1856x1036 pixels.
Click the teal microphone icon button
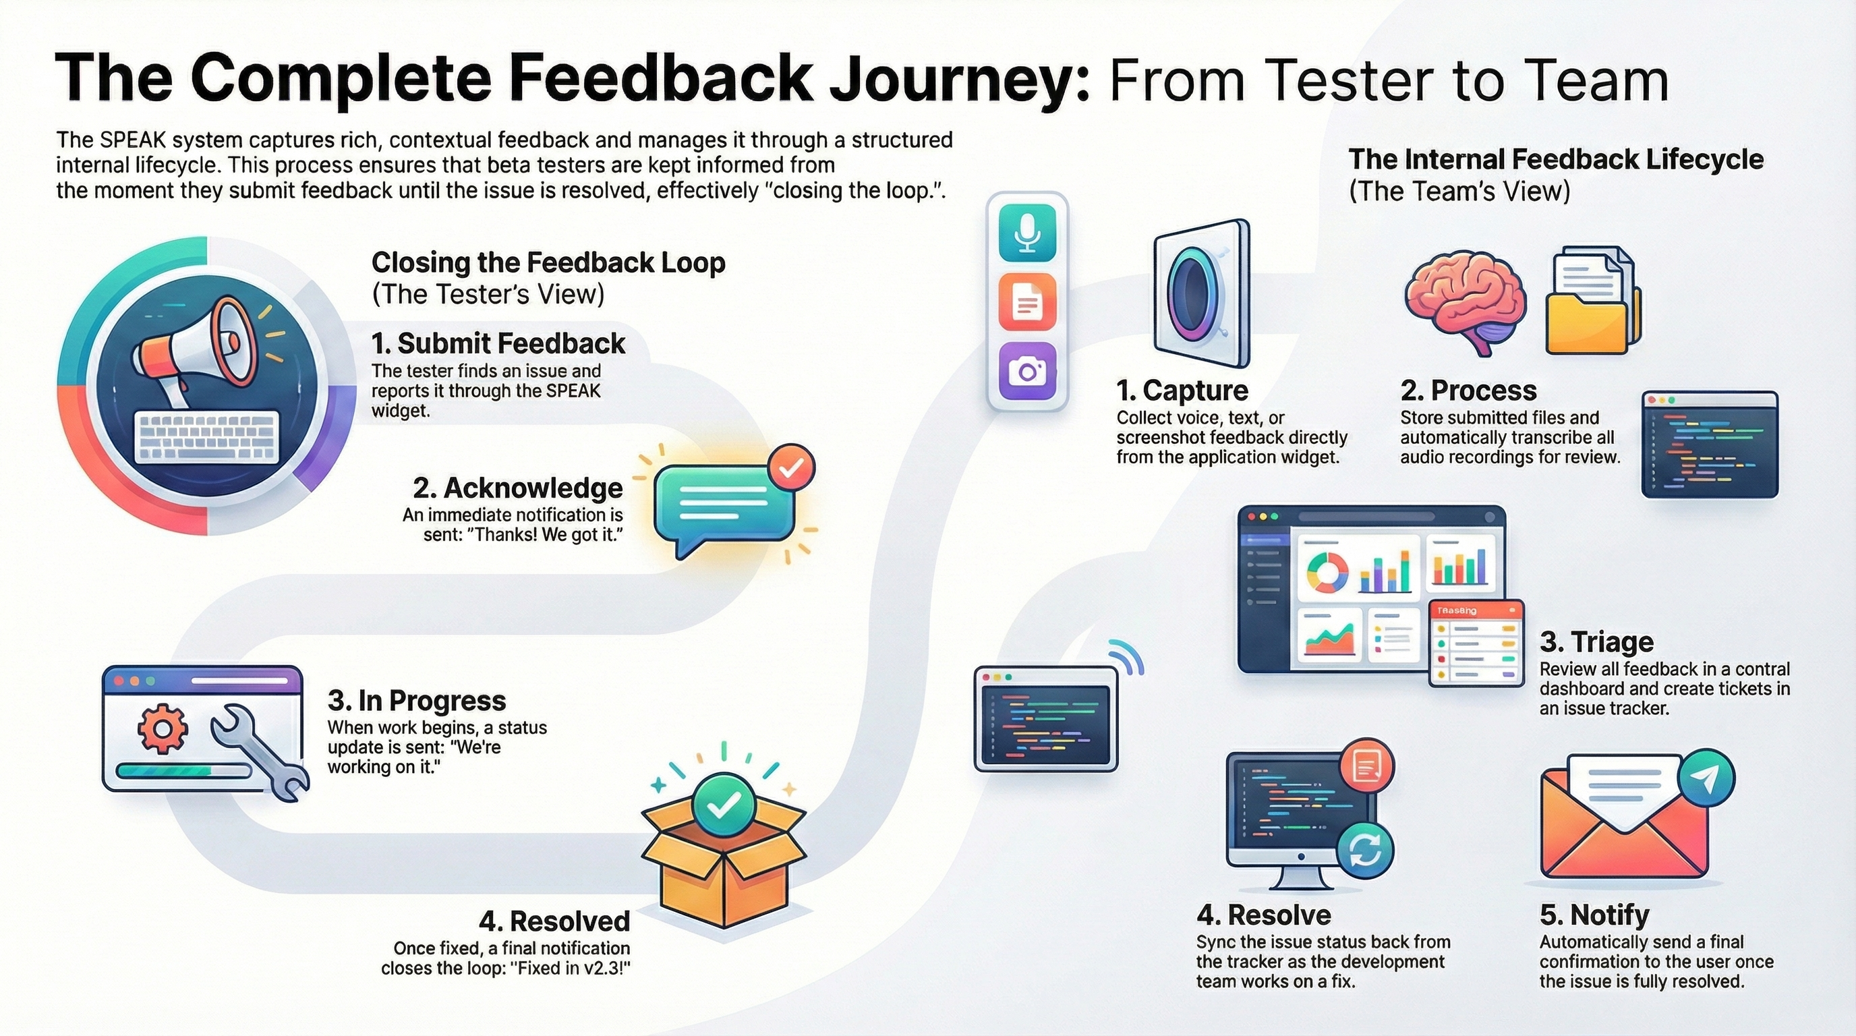[1026, 233]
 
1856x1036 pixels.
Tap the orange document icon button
[1026, 301]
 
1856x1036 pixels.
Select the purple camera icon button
[1026, 370]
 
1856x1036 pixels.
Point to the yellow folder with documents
[1592, 303]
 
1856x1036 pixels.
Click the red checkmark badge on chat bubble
[791, 468]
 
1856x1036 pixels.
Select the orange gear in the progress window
[163, 728]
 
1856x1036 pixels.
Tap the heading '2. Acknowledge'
[517, 488]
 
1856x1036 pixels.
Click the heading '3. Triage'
[1596, 641]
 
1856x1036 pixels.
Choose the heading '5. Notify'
[1594, 915]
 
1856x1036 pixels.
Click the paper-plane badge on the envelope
[1706, 779]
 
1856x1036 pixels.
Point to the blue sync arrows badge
[1364, 852]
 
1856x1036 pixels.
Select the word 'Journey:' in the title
[959, 79]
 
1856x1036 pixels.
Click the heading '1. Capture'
[1182, 391]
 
